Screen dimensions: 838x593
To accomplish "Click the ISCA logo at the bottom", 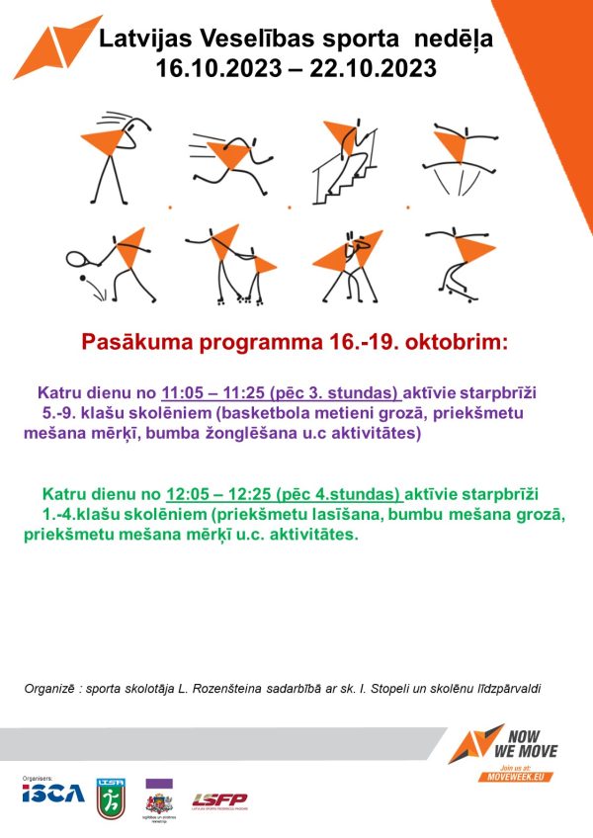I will (53, 794).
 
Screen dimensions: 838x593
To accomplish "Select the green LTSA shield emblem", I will (111, 796).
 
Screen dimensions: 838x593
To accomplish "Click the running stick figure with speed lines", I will (231, 158).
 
